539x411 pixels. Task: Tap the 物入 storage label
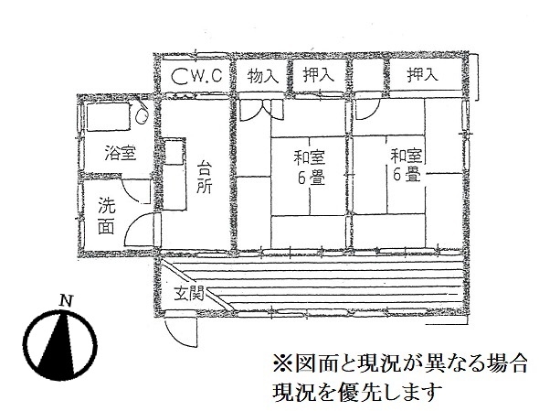click(263, 76)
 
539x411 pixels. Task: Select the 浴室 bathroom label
click(121, 153)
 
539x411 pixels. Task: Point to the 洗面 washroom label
click(107, 216)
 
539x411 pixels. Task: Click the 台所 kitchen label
click(205, 177)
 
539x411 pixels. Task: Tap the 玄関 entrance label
click(189, 294)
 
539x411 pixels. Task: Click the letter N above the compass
click(66, 301)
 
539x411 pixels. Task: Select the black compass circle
click(62, 344)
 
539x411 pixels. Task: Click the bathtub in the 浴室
click(108, 116)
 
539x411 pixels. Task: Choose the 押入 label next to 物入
click(319, 75)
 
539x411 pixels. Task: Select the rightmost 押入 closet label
click(422, 75)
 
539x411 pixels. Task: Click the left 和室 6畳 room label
click(309, 168)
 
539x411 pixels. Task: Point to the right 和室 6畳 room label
click(406, 165)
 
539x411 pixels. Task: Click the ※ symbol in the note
click(281, 362)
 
